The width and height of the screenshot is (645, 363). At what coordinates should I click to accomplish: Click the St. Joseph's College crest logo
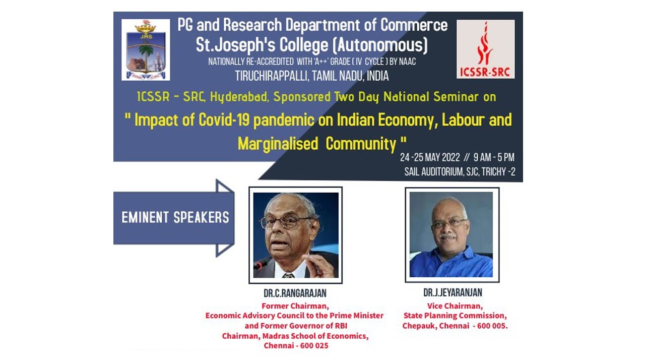tap(146, 50)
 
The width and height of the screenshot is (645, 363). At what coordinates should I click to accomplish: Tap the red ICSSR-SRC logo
tap(485, 49)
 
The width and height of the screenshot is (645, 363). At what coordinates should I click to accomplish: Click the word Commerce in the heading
tap(414, 25)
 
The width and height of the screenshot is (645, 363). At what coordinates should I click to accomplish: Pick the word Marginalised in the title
tap(278, 144)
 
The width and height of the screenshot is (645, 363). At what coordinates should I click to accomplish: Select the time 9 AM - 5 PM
tap(494, 157)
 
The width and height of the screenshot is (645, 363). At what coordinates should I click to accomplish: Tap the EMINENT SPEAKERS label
tap(175, 217)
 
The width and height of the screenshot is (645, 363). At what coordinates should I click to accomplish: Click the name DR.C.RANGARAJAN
tap(295, 293)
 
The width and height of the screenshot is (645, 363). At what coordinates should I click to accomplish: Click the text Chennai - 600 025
tap(295, 346)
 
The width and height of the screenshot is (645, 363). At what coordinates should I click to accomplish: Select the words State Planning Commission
tap(455, 316)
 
